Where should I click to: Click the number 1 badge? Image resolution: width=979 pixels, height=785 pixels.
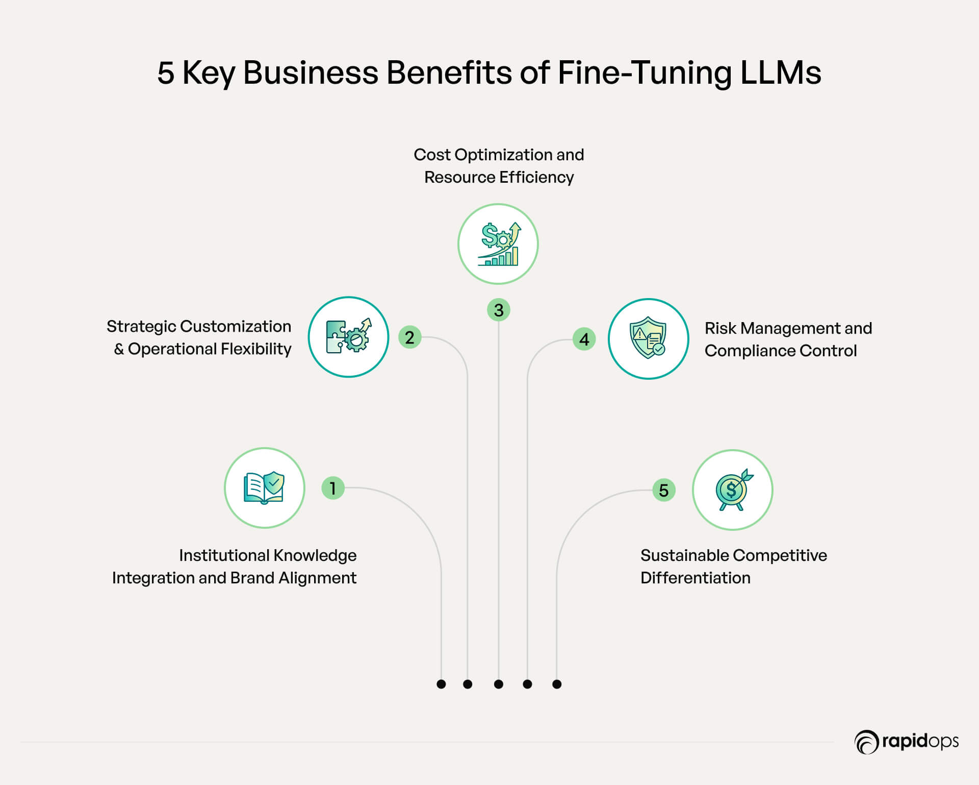coord(333,488)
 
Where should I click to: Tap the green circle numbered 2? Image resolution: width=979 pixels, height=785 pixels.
coord(409,337)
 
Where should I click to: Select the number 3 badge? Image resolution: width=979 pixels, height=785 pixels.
coord(499,310)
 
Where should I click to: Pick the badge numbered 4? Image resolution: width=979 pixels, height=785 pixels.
coord(584,339)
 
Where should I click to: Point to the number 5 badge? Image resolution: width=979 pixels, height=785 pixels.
coord(664,490)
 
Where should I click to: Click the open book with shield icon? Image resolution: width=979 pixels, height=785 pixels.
coord(264,488)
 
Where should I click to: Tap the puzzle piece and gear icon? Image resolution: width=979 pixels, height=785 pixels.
coord(348,337)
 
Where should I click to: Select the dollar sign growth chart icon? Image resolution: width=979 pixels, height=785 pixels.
coord(498,244)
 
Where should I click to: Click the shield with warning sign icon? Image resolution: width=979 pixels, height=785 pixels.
coord(648,338)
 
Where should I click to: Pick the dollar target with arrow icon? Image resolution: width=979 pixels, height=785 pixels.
coord(733,490)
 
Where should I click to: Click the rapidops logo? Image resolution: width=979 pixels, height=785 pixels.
coord(907,742)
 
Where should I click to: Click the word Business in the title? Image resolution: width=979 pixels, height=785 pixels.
coord(311,72)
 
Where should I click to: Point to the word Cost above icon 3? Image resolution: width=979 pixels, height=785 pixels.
coord(431,155)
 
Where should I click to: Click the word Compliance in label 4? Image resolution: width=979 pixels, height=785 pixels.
coord(750,351)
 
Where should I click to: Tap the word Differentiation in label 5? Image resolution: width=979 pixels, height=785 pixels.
coord(695,578)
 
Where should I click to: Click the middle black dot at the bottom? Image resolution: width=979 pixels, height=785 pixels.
coord(499,684)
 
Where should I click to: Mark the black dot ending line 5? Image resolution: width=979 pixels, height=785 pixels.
coord(557,684)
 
